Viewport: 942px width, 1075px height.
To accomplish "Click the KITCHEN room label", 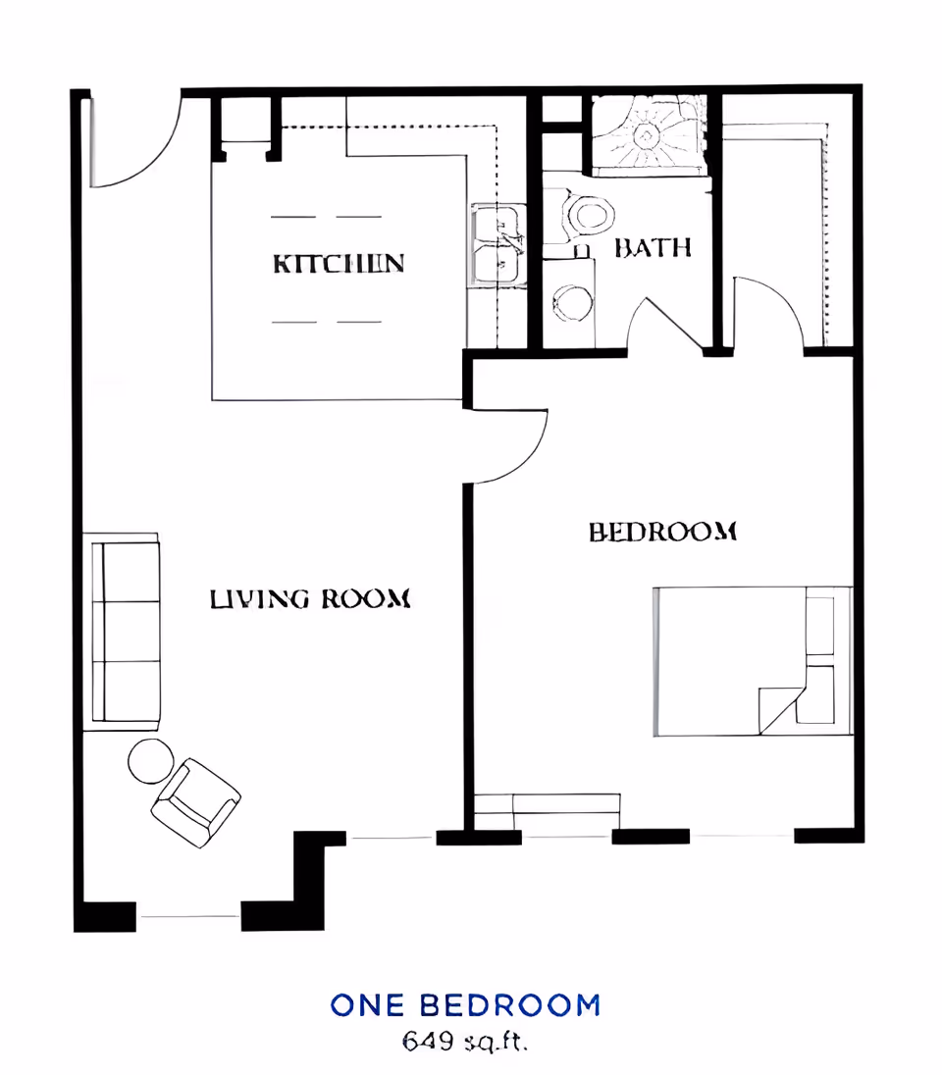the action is point(339,263).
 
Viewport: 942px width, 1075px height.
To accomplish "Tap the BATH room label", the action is point(653,247).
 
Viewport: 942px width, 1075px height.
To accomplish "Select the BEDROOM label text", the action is point(662,532).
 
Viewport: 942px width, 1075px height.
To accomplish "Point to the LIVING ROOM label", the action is point(309,598).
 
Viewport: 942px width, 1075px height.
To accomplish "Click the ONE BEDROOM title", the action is point(465,1005).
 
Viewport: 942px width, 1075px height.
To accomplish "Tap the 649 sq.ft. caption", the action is point(465,1042).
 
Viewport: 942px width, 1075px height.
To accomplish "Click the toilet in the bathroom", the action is point(585,216).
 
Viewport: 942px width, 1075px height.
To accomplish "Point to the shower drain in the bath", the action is point(645,134).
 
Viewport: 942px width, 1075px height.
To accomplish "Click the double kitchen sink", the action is point(497,245).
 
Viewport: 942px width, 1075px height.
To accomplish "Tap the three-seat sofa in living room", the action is point(126,632).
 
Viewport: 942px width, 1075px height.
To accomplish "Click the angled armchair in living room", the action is point(195,803).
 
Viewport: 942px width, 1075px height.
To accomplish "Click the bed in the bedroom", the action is point(753,661).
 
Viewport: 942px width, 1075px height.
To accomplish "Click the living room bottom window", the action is point(188,916).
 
